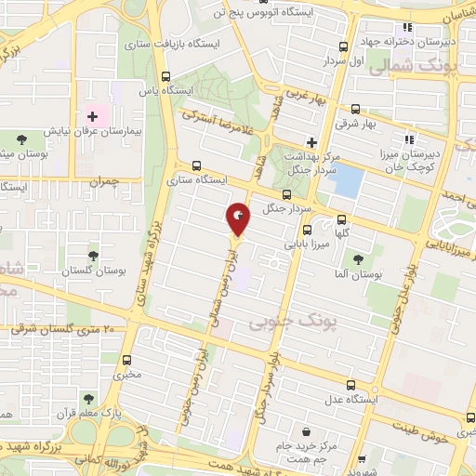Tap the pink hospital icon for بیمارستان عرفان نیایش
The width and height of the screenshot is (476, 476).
[x=91, y=117]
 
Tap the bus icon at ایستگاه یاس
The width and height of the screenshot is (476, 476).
[x=165, y=77]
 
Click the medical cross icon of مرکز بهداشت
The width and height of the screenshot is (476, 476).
[x=312, y=142]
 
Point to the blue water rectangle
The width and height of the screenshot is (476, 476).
[x=348, y=179]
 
